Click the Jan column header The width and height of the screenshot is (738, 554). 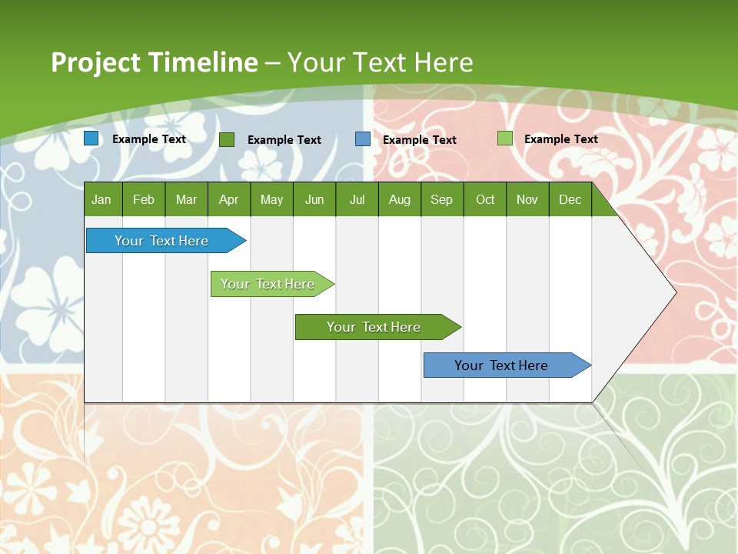[101, 199]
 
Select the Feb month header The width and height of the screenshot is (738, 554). [144, 199]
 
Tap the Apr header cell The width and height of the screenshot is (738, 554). [228, 199]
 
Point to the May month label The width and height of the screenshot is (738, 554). [271, 199]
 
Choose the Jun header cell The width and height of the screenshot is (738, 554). [314, 199]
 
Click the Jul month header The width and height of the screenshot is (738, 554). [357, 199]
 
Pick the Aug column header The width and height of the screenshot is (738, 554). [399, 199]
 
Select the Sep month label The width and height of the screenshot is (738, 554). [441, 199]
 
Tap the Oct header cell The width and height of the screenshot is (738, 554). [485, 199]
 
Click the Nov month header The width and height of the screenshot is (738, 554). [527, 199]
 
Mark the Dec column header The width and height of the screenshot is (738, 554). [570, 199]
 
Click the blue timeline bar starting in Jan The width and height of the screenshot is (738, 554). [161, 241]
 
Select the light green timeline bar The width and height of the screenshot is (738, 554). [268, 284]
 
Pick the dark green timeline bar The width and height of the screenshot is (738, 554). [374, 327]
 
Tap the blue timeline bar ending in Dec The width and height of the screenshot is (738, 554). [501, 365]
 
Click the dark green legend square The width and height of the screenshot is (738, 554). [227, 139]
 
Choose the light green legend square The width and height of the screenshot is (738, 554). [504, 138]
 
